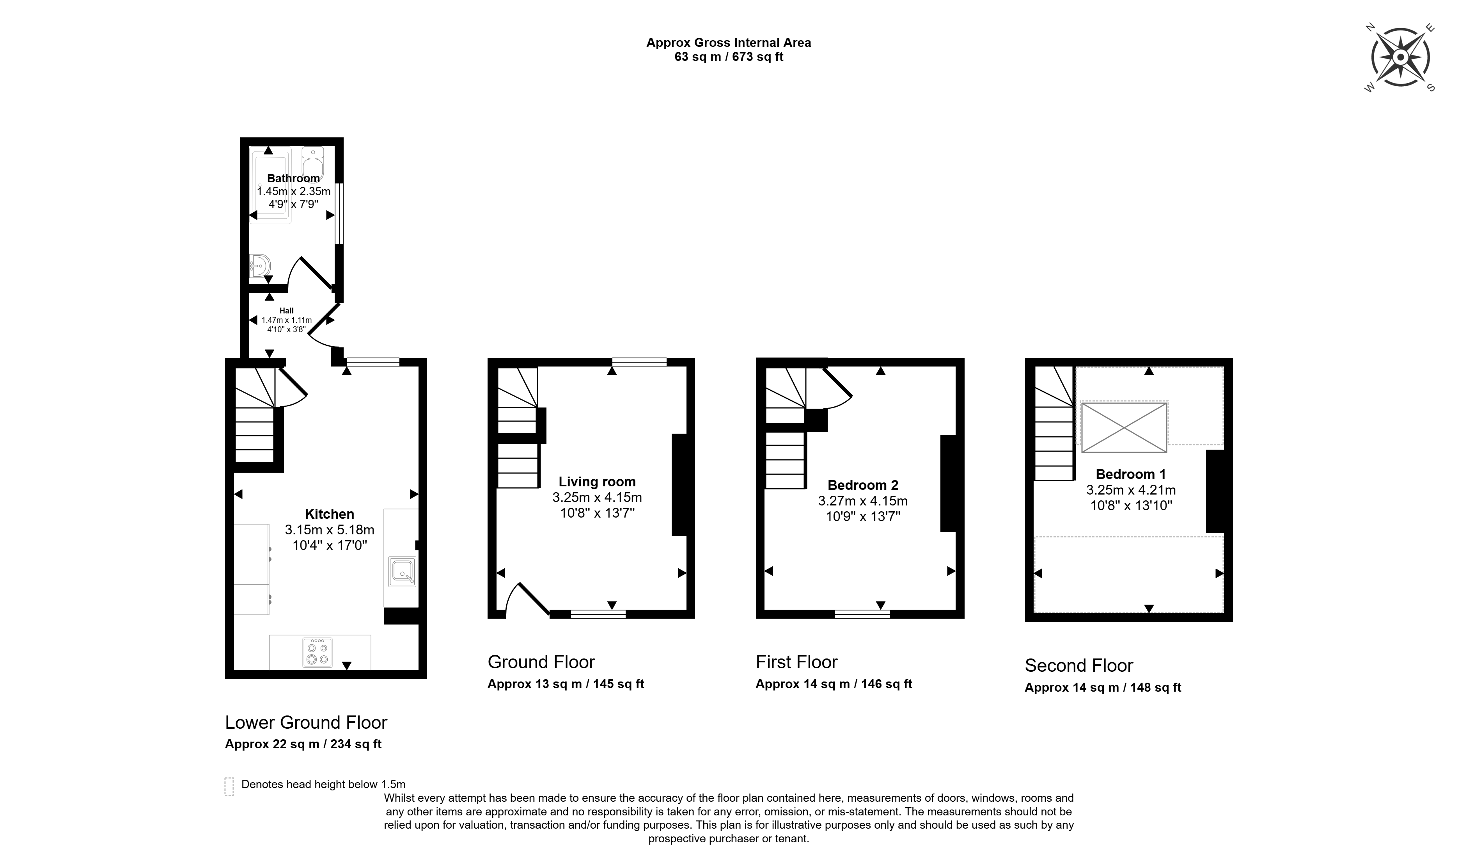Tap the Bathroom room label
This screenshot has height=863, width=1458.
[293, 178]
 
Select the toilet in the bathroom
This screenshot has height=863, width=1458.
[313, 162]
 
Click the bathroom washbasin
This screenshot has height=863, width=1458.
[260, 266]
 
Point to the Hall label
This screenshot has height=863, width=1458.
[286, 311]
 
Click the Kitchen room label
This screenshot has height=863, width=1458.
[330, 514]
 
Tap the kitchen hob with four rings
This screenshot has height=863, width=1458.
[317, 653]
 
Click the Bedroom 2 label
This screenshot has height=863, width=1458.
[863, 485]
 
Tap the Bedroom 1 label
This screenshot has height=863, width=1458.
[1131, 474]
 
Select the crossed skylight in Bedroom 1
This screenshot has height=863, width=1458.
[1124, 427]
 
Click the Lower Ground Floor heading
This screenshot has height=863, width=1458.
[306, 722]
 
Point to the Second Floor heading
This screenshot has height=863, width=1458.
[1078, 665]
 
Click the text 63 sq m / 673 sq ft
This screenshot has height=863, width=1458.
[729, 57]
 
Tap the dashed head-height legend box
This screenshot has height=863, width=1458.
[229, 786]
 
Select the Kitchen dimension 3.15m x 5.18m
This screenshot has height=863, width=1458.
[330, 530]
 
